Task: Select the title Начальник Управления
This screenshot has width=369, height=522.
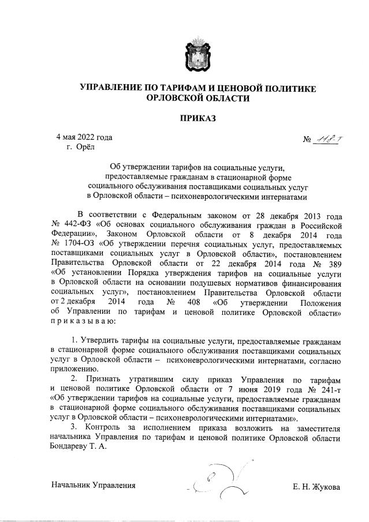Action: pyautogui.click(x=93, y=486)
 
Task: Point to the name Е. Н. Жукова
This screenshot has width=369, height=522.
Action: pyautogui.click(x=317, y=486)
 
